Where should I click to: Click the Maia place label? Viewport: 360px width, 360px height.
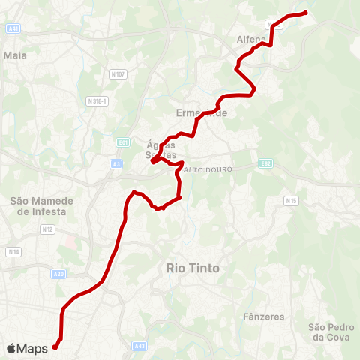pyautogui.click(x=15, y=55)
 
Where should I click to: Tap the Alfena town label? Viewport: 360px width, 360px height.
pyautogui.click(x=251, y=40)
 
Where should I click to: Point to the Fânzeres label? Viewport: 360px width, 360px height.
pyautogui.click(x=264, y=316)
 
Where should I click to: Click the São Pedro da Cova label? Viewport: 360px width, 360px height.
pyautogui.click(x=327, y=331)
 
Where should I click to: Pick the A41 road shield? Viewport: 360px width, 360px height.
pyautogui.click(x=13, y=28)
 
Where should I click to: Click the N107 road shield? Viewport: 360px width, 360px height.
pyautogui.click(x=118, y=73)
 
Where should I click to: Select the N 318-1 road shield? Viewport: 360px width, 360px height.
pyautogui.click(x=98, y=100)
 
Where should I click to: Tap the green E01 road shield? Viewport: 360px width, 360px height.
pyautogui.click(x=124, y=139)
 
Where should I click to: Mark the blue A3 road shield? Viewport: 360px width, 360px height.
pyautogui.click(x=116, y=163)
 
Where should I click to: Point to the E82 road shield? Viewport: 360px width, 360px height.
pyautogui.click(x=265, y=163)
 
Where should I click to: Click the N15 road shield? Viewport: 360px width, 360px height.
pyautogui.click(x=292, y=200)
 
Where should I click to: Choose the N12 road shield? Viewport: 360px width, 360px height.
pyautogui.click(x=47, y=229)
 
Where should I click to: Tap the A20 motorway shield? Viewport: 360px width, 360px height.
pyautogui.click(x=60, y=274)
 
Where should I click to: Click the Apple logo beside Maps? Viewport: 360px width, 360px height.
pyautogui.click(x=12, y=348)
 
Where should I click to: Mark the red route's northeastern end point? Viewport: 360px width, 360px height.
pyautogui.click(x=305, y=13)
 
